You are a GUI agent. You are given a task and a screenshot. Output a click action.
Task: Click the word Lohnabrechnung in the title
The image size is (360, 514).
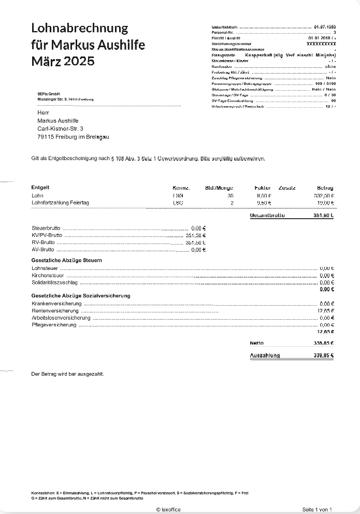pos(80,28)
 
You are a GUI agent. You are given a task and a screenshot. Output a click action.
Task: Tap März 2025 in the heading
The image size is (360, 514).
pos(63,61)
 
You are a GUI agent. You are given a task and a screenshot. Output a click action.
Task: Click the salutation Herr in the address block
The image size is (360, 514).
pos(43,112)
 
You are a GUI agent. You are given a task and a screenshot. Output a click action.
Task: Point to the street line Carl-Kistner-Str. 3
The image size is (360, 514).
pos(60,128)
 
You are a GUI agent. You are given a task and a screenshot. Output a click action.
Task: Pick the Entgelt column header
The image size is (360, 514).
pos(40,188)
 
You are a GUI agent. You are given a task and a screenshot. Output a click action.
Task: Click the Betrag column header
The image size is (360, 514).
pos(325,188)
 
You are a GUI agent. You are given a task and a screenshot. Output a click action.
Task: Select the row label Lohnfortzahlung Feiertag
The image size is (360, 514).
pos(60,203)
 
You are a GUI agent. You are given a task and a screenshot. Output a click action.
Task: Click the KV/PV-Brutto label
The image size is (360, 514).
pos(43,235)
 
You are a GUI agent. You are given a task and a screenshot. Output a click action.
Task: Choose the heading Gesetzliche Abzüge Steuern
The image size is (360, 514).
pos(67,260)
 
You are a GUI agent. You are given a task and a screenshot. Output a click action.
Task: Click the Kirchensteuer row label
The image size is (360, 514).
pos(48,276)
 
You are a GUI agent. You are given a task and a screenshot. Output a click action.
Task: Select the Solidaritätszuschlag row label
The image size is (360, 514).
pos(54,283)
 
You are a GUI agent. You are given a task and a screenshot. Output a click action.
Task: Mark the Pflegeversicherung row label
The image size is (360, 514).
pos(54,325)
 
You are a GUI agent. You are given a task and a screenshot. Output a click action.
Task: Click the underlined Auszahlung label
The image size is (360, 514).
pos(265,355)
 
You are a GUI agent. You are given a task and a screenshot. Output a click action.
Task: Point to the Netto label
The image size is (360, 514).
pos(256,343)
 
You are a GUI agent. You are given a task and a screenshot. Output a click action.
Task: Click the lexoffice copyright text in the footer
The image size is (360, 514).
pos(168,510)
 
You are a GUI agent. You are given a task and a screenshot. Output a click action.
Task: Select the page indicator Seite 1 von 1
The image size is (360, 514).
pos(317,510)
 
